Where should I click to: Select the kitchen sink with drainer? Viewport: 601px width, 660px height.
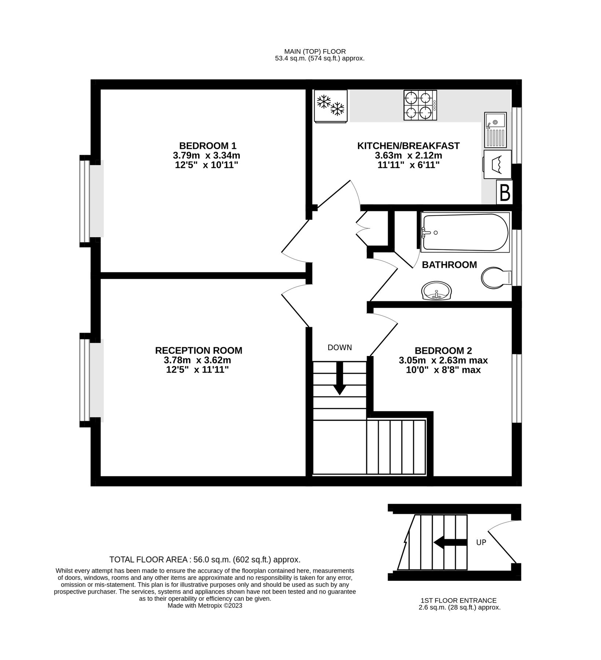[x=495, y=129]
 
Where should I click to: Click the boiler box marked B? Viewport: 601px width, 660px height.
[x=505, y=192]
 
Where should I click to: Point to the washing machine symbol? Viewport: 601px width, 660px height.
[x=497, y=164]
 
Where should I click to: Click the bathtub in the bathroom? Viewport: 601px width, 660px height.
[x=465, y=232]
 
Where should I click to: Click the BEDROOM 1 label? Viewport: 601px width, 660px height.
[x=208, y=146]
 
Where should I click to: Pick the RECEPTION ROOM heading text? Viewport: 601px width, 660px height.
[x=198, y=351]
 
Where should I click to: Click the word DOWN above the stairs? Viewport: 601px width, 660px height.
[x=340, y=348]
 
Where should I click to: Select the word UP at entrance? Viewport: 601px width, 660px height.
[x=481, y=542]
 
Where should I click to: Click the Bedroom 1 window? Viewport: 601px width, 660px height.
[x=85, y=201]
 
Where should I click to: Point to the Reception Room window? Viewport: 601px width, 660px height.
[x=85, y=380]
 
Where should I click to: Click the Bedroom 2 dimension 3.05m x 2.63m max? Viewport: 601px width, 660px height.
[x=443, y=360]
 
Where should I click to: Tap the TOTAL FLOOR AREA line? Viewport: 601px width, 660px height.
[x=205, y=560]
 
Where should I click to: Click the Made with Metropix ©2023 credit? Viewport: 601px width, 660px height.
[x=205, y=606]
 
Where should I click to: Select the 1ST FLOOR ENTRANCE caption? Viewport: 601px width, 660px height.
[x=458, y=601]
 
